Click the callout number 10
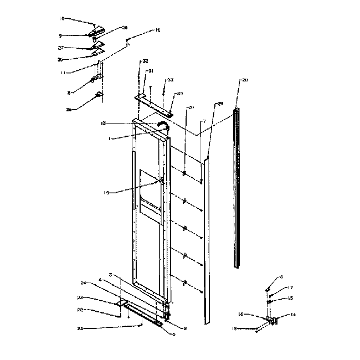coord(61,18)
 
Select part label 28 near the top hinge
coord(125,27)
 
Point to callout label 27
coord(61,48)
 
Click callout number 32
coord(145,60)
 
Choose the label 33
coord(171,80)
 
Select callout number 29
coord(219,104)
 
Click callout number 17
coord(290,287)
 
